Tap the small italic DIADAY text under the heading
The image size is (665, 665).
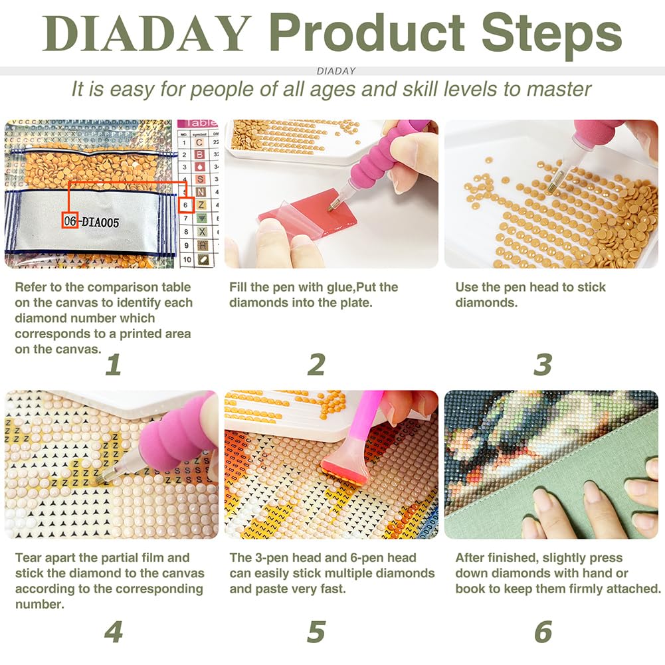point(336,70)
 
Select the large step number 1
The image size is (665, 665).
point(114,365)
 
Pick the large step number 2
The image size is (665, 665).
point(316,365)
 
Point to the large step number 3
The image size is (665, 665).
point(543,365)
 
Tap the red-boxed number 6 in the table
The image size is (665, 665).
point(187,205)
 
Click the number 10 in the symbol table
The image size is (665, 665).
point(187,260)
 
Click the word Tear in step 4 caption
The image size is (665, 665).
point(29,558)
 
